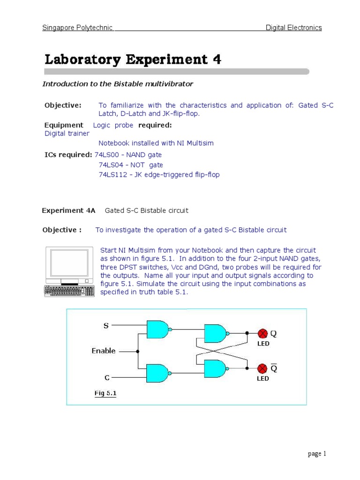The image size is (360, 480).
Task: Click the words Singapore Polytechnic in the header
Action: [x=77, y=28]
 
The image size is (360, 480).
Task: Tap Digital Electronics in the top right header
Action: [x=293, y=28]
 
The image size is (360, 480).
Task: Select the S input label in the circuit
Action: [x=106, y=325]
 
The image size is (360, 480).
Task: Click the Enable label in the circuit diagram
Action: [x=104, y=351]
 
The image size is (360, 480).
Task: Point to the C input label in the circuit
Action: [x=107, y=377]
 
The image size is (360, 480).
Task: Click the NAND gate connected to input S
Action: [x=158, y=329]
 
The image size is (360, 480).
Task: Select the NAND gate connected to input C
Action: [x=158, y=373]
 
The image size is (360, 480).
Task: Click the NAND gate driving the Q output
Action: [x=216, y=333]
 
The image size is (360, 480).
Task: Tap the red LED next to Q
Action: [x=262, y=333]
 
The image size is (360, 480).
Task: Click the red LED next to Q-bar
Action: [x=262, y=368]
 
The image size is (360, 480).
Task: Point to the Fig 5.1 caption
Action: [x=105, y=393]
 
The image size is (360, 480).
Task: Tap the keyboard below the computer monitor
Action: [x=69, y=290]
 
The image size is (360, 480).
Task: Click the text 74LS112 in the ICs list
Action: [x=112, y=174]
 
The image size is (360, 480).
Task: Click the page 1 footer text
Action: [x=316, y=454]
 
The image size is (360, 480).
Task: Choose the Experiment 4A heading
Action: [x=68, y=210]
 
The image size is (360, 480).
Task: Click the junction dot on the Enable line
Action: [x=137, y=351]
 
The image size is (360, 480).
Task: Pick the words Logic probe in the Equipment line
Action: [x=113, y=125]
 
